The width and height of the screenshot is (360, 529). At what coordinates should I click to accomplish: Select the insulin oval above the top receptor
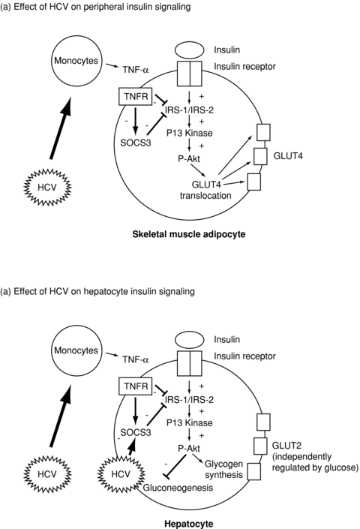[189, 50]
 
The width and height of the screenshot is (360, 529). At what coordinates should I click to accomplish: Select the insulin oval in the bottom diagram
[189, 339]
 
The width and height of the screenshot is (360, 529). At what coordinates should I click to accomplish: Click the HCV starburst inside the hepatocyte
[121, 474]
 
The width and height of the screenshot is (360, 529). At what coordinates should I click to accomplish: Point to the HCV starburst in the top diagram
[47, 187]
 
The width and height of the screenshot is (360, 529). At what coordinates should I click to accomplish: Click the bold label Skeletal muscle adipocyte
[189, 234]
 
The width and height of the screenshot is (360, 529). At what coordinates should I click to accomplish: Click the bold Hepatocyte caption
[189, 524]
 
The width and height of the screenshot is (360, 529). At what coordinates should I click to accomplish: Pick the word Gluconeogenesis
[178, 488]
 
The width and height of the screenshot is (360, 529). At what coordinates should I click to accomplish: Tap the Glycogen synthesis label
[223, 469]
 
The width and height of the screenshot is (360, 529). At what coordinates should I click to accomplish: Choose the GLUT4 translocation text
[205, 190]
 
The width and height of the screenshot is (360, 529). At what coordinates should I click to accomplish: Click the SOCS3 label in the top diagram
[136, 143]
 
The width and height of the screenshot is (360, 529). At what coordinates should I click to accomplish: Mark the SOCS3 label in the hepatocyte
[136, 432]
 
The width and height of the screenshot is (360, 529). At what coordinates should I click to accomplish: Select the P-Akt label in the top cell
[189, 158]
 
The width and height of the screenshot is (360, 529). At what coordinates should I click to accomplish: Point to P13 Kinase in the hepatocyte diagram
[190, 422]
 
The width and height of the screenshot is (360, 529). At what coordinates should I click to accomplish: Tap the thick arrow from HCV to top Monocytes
[60, 128]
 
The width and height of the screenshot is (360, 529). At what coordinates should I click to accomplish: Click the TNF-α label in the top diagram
[136, 70]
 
